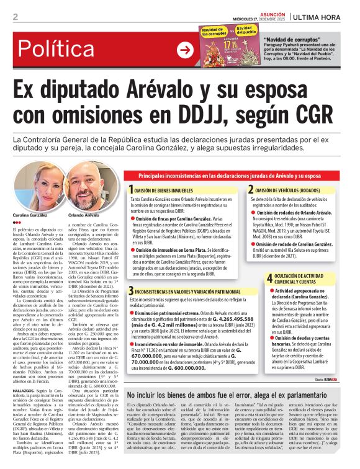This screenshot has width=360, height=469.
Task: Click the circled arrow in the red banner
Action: (x=185, y=50)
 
